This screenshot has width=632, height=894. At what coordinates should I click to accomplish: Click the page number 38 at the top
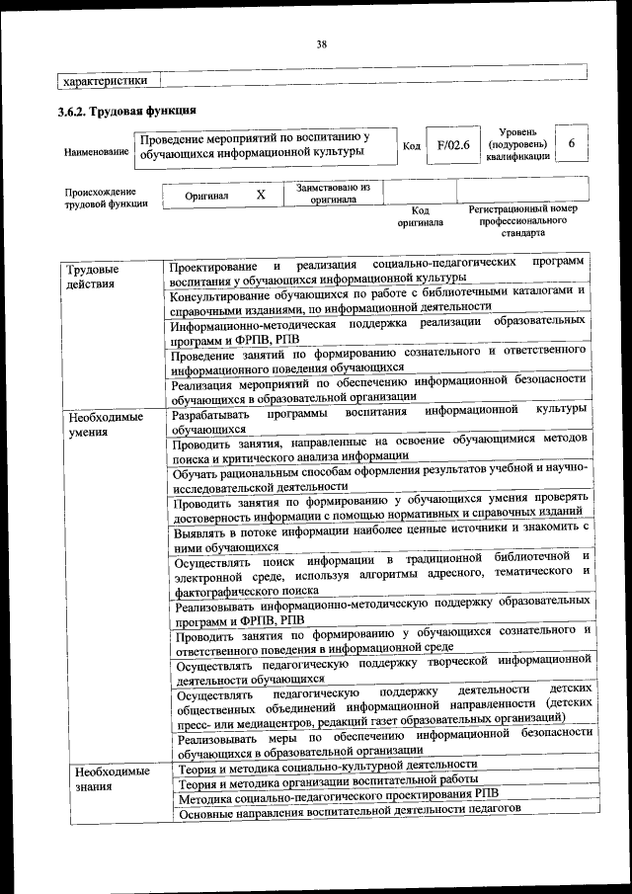click(x=321, y=43)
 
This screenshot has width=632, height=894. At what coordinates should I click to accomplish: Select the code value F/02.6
click(x=453, y=145)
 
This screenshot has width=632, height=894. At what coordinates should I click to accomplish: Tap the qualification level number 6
click(x=571, y=143)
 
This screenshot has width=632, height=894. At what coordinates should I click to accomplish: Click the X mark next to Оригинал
click(x=261, y=195)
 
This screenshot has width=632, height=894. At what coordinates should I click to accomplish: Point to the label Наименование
click(x=96, y=152)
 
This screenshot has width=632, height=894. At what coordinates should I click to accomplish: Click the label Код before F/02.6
click(x=412, y=146)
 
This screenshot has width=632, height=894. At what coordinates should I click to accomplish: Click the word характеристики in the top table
click(x=106, y=81)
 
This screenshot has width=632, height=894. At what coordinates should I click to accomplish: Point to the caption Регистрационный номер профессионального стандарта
click(x=522, y=222)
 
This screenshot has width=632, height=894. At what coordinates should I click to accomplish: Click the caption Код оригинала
click(x=421, y=216)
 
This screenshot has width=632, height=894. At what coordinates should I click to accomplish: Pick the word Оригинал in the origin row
click(x=206, y=196)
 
